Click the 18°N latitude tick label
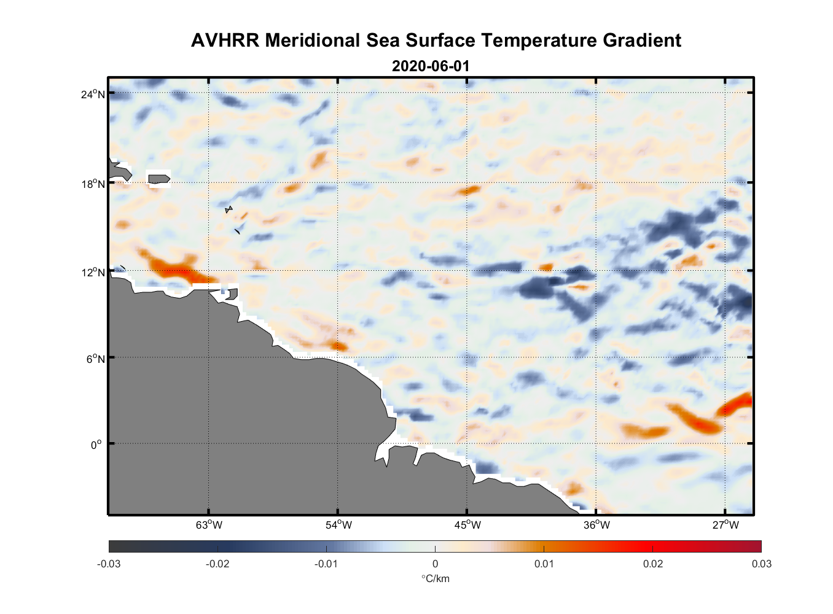(93, 184)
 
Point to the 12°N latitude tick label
(93, 272)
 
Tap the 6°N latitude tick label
(95, 359)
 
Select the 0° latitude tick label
(96, 445)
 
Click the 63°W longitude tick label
(209, 525)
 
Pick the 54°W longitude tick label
(338, 525)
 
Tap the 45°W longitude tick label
(467, 525)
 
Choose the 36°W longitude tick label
(596, 525)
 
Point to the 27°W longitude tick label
(725, 525)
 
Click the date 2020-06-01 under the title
(431, 66)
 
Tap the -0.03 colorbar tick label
(109, 564)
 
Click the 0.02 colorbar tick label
(653, 564)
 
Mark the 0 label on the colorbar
(435, 564)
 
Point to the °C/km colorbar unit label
(435, 578)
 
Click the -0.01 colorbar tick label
(326, 564)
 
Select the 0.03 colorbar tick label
(761, 564)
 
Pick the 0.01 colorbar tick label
(544, 564)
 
